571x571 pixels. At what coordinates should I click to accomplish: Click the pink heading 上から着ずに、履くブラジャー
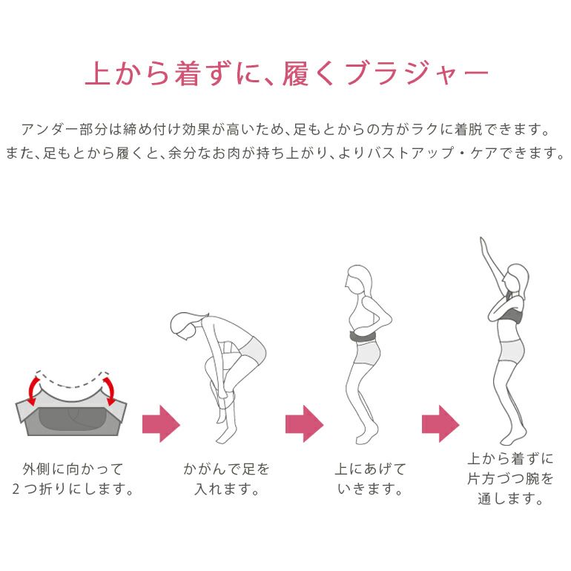click(286, 73)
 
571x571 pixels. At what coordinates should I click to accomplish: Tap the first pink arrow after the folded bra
click(161, 424)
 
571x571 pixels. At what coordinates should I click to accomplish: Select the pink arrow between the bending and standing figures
click(305, 424)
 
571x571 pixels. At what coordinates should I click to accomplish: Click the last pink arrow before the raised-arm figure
click(440, 424)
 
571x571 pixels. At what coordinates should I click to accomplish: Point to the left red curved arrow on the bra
click(32, 390)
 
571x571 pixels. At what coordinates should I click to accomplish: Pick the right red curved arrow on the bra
click(110, 390)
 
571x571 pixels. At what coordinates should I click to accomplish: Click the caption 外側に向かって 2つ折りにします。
click(73, 479)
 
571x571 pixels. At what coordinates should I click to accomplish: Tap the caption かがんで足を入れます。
click(226, 479)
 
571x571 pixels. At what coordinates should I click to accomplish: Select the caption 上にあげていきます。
click(370, 479)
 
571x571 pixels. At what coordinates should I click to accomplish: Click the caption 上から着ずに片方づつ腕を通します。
click(510, 478)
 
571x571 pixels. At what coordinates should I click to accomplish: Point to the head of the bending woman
click(186, 326)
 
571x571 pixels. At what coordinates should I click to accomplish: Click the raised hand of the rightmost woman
click(483, 244)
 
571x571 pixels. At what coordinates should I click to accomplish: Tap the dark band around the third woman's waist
click(363, 337)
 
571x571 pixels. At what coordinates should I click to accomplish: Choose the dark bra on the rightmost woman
click(511, 316)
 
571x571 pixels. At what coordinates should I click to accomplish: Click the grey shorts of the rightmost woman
click(512, 350)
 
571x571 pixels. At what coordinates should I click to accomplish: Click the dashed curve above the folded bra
click(72, 381)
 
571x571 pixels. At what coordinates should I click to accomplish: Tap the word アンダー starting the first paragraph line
click(50, 130)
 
